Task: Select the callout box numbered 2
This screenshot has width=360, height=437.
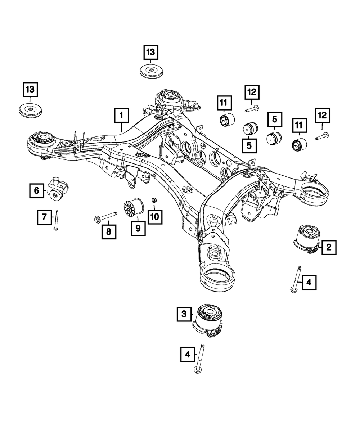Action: pos(329,247)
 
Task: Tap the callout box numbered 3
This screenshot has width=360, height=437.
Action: pos(184,314)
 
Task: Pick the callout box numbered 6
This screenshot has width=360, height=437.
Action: pos(37,190)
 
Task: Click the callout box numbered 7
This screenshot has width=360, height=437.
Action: pos(44,217)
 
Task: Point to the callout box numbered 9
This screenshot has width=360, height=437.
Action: pos(138,227)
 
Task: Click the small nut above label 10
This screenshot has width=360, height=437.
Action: pos(153,200)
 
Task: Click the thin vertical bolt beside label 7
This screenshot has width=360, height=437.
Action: pos(57,220)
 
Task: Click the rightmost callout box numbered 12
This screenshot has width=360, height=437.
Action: pos(322,116)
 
